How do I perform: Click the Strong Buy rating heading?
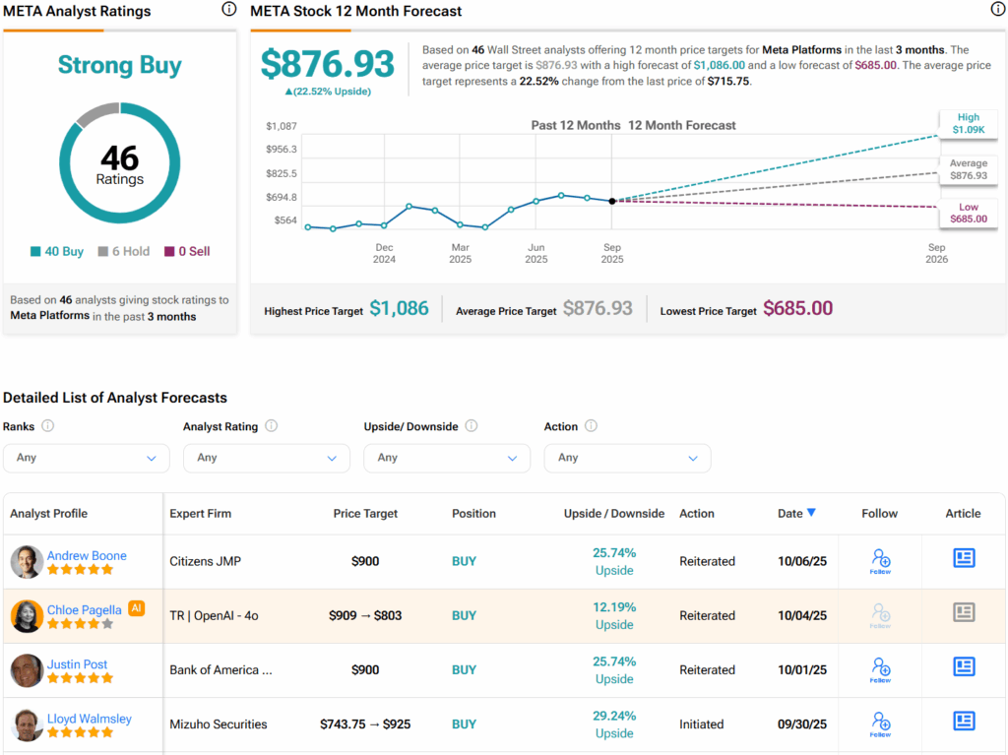(x=120, y=66)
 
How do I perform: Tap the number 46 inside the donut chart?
(x=120, y=157)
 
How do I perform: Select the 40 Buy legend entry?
(x=57, y=251)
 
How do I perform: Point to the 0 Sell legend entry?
(x=187, y=251)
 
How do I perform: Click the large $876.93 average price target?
(x=328, y=64)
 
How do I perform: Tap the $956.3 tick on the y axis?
(x=283, y=150)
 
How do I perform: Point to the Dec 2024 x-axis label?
(x=384, y=254)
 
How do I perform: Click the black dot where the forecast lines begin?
(x=612, y=201)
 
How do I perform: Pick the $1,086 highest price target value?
(x=399, y=309)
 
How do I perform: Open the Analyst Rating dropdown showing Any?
(x=266, y=458)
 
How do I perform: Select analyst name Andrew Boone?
(x=87, y=555)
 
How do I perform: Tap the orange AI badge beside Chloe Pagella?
(x=137, y=609)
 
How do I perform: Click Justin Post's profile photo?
(x=27, y=670)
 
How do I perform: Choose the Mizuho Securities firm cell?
(x=219, y=724)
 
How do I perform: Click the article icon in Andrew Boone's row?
(x=964, y=558)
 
